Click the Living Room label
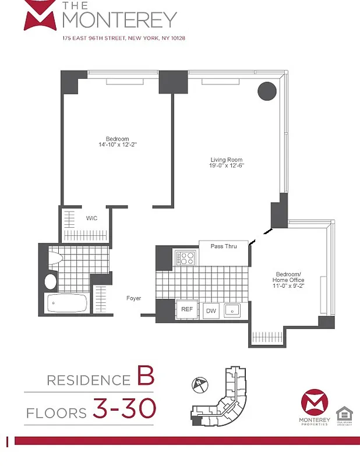pos(227,160)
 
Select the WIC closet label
pos(91,218)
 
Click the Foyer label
pos(134,298)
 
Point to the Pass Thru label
pos(223,246)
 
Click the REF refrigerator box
pos(187,310)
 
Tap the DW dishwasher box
pos(210,310)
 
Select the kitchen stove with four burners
pos(185,257)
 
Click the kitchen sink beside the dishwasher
pos(234,310)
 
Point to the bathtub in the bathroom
pos(66,303)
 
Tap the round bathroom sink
pos(51,281)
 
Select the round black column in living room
pos(267,91)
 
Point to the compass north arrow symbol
pos(200,385)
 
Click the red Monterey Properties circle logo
pos(315,404)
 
